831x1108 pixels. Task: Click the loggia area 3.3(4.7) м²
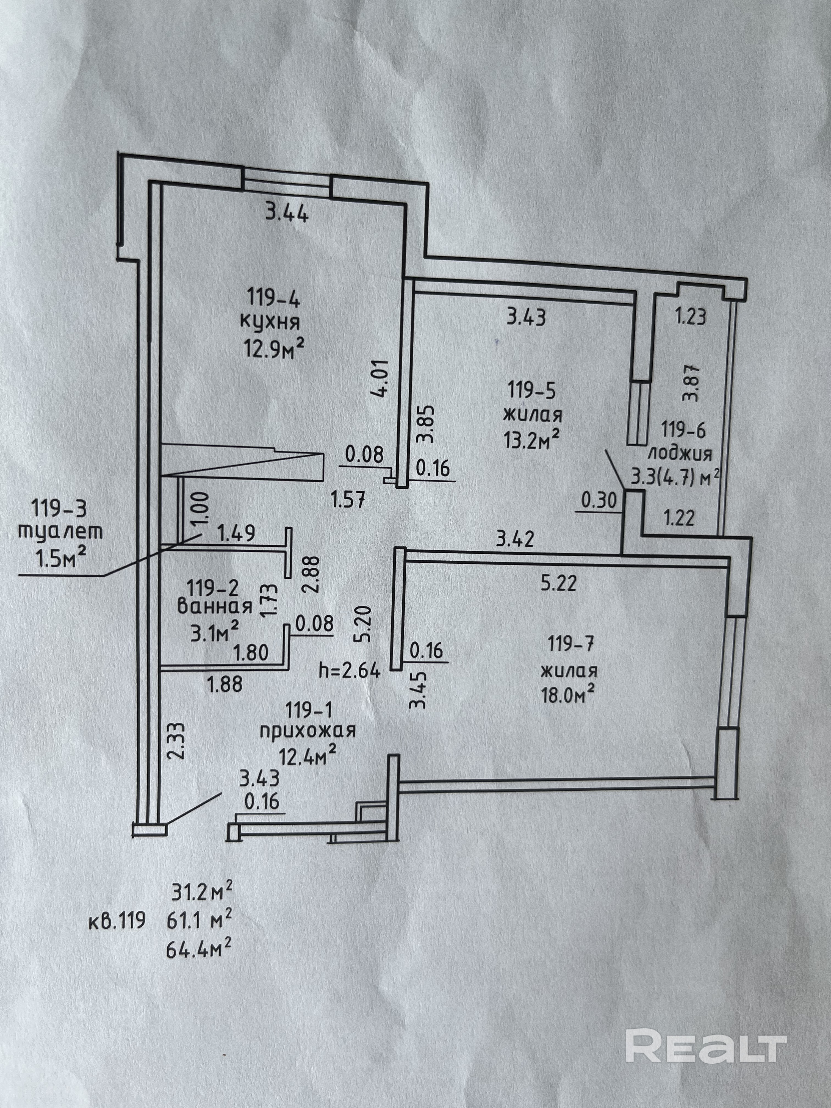point(675,476)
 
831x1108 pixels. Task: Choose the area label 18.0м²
point(567,694)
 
